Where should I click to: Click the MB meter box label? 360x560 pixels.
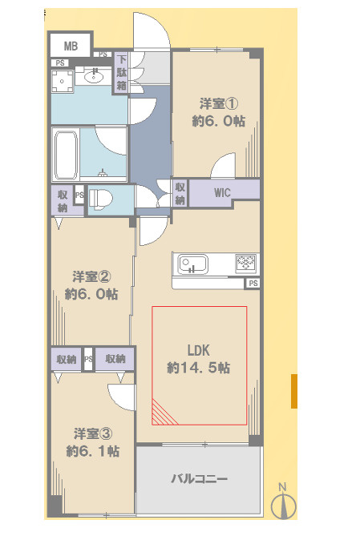[x=71, y=46]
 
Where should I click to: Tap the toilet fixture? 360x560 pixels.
[x=100, y=198]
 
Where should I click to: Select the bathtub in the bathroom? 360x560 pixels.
[x=66, y=155]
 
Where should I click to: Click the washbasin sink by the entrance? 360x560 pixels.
[x=94, y=76]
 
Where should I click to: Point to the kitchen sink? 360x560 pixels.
[x=193, y=264]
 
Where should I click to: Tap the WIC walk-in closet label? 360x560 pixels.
[x=222, y=193]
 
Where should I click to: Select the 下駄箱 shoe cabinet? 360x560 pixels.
[x=122, y=73]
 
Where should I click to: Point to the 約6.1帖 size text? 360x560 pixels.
[x=93, y=451]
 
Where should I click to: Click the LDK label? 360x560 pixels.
[x=198, y=350]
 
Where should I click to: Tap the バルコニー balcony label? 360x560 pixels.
[x=199, y=478]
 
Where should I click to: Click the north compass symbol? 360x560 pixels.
[x=284, y=504]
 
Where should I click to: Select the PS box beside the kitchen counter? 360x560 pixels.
[x=253, y=284]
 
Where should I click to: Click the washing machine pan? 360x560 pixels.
[x=63, y=82]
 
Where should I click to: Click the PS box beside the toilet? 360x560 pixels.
[x=79, y=195]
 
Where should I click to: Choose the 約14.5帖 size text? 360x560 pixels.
[x=198, y=368]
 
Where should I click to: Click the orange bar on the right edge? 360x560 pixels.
[x=294, y=391]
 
